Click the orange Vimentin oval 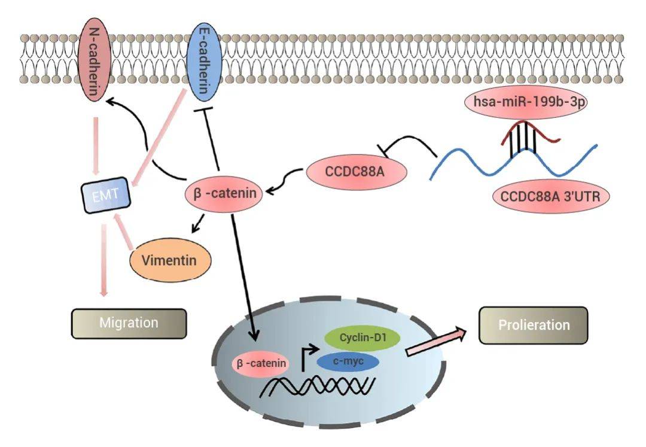[x=171, y=260]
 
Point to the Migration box [x=129, y=323]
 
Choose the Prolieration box [x=534, y=326]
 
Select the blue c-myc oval [x=349, y=361]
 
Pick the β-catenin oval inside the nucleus [x=261, y=363]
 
